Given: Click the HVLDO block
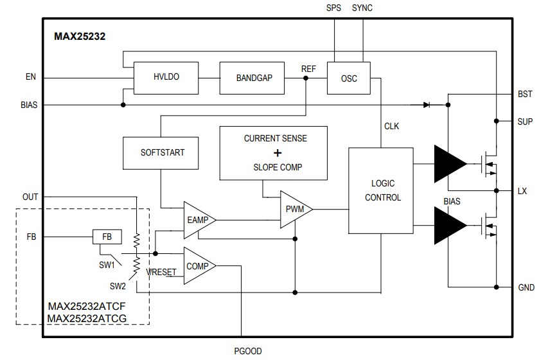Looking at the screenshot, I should pyautogui.click(x=166, y=77).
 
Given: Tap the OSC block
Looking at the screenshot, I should pyautogui.click(x=349, y=78).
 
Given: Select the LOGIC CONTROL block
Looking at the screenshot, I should pyautogui.click(x=383, y=191).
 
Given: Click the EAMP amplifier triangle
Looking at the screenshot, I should pyautogui.click(x=197, y=221).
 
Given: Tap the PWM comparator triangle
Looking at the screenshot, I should pyautogui.click(x=294, y=210).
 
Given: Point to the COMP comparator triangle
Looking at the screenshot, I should pyautogui.click(x=197, y=265).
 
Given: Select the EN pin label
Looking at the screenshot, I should pyautogui.click(x=30, y=78).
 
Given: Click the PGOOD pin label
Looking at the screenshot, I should pyautogui.click(x=247, y=351).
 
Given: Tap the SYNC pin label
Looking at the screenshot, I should pyautogui.click(x=362, y=8).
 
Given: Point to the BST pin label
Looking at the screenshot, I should pyautogui.click(x=525, y=94).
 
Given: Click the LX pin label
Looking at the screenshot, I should pyautogui.click(x=523, y=191).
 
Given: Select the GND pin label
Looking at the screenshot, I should pyautogui.click(x=526, y=288).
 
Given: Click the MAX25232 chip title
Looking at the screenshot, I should pyautogui.click(x=80, y=37).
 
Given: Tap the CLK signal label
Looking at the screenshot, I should pyautogui.click(x=391, y=126).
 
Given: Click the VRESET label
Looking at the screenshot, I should pyautogui.click(x=161, y=272).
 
